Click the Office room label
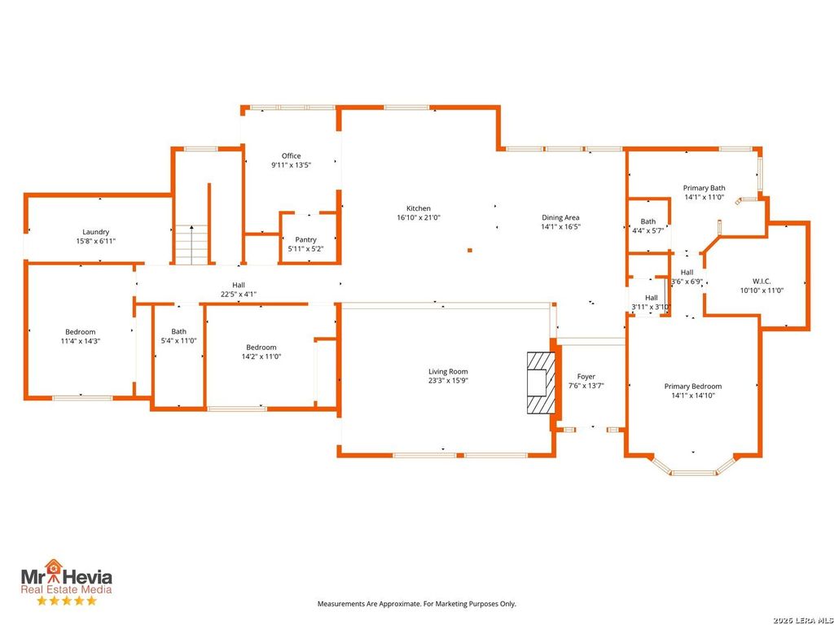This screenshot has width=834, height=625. (291, 155)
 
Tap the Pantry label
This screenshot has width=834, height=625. (306, 240)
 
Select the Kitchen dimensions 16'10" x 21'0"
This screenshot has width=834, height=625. (419, 217)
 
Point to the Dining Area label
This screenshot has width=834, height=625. (560, 217)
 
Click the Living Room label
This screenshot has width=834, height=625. (449, 371)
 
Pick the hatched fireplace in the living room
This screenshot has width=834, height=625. (541, 382)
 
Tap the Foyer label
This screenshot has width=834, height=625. (586, 377)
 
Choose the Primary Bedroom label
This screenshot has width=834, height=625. (693, 387)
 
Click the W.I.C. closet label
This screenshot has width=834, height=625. (762, 281)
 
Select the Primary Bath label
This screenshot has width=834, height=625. (705, 188)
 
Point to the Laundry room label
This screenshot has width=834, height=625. (96, 232)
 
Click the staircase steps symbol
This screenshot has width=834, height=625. (191, 244)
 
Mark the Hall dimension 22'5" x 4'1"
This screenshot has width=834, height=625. (239, 295)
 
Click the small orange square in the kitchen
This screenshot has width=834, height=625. (470, 250)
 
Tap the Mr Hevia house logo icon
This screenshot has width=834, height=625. (53, 566)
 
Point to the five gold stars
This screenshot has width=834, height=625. (67, 601)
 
